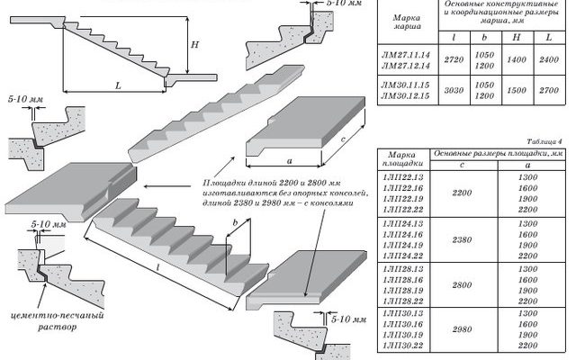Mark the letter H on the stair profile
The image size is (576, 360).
coord(193,44)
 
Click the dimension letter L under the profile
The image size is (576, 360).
coord(118,85)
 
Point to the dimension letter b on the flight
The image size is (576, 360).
coord(235,222)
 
